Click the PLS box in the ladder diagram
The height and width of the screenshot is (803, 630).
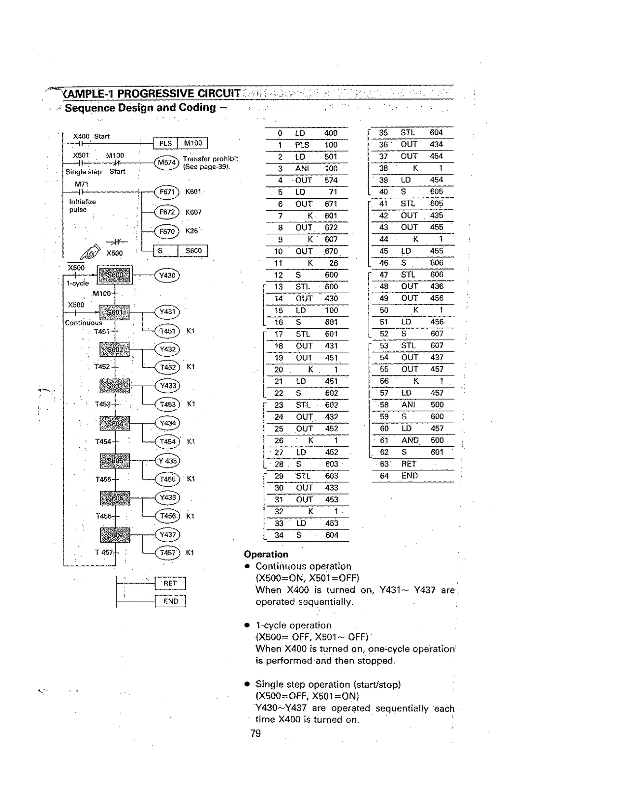tap(165, 143)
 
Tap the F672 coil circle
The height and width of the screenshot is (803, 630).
tap(167, 212)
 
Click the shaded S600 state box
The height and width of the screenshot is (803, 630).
tap(115, 275)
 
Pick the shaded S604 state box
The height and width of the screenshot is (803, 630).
tap(115, 423)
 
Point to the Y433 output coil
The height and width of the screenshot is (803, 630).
tap(167, 386)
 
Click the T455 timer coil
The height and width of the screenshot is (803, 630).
tap(167, 479)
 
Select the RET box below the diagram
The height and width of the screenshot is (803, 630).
tap(170, 583)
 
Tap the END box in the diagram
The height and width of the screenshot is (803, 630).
tap(170, 601)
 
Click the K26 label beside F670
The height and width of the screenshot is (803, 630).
tap(192, 231)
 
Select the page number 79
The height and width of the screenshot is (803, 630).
tap(255, 734)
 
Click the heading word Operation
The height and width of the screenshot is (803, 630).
tap(266, 554)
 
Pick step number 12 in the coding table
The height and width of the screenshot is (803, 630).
tap(279, 275)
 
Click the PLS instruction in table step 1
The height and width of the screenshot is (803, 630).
tap(302, 145)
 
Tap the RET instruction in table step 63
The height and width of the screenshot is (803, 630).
tap(409, 464)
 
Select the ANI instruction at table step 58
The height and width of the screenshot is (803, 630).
tap(409, 404)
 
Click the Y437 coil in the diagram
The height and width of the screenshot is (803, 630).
tap(167, 534)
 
